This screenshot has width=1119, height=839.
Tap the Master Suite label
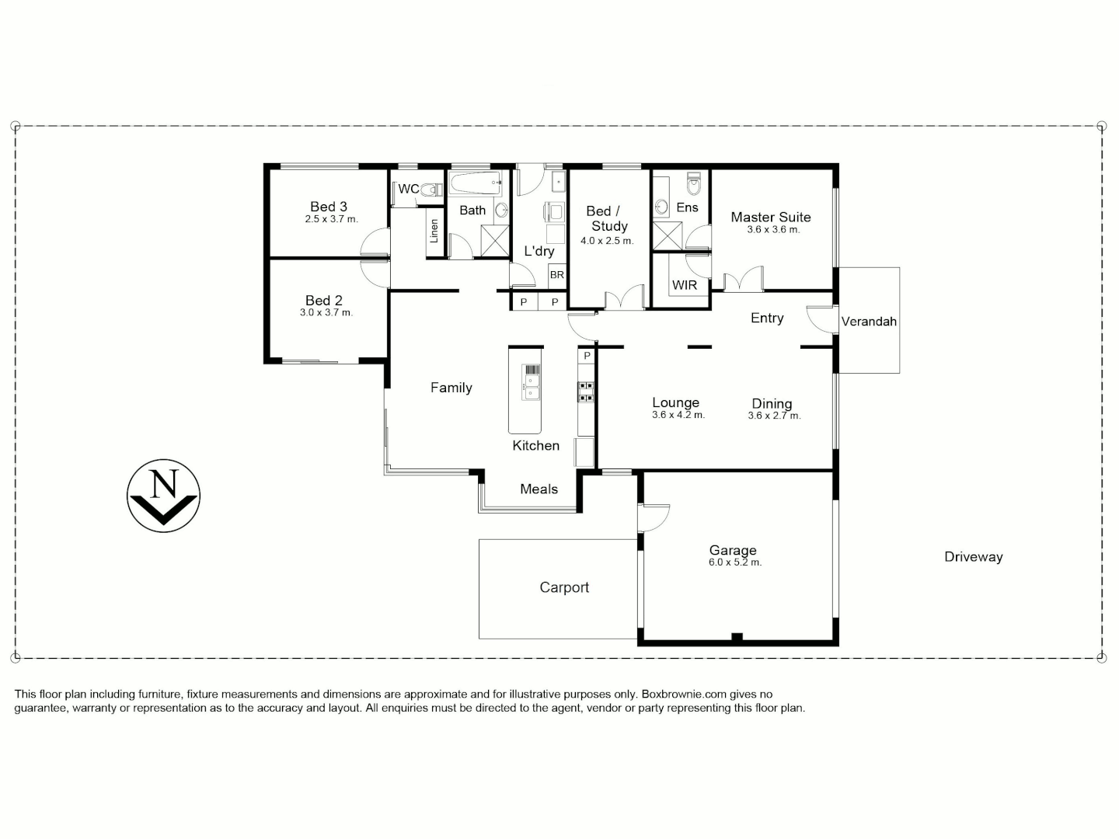[770, 218]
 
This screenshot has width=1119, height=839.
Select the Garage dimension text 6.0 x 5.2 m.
[734, 562]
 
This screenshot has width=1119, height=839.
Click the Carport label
[564, 587]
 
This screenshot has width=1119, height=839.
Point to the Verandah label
[869, 322]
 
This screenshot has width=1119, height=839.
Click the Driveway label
[973, 557]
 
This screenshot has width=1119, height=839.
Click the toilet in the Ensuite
[694, 185]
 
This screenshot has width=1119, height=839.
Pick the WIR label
[684, 285]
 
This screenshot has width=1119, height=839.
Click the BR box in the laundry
[556, 275]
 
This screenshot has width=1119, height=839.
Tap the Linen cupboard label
[434, 231]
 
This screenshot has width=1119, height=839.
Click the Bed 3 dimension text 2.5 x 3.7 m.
[331, 220]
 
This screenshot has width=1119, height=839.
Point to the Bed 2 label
[324, 300]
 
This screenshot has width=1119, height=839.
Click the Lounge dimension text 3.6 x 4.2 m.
[678, 416]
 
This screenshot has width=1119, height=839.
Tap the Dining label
[772, 403]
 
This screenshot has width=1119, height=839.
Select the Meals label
[539, 489]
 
